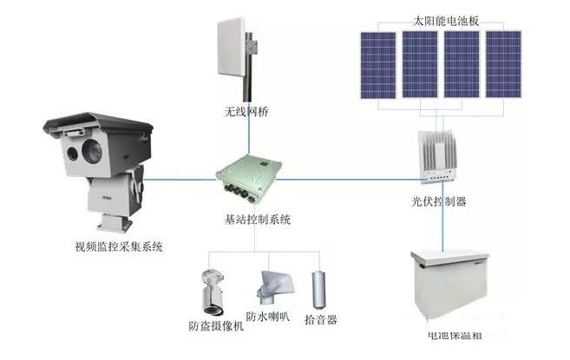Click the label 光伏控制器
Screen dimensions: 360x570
point(440,201)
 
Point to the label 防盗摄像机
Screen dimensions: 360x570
point(216,327)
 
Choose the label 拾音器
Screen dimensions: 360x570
point(322,320)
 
